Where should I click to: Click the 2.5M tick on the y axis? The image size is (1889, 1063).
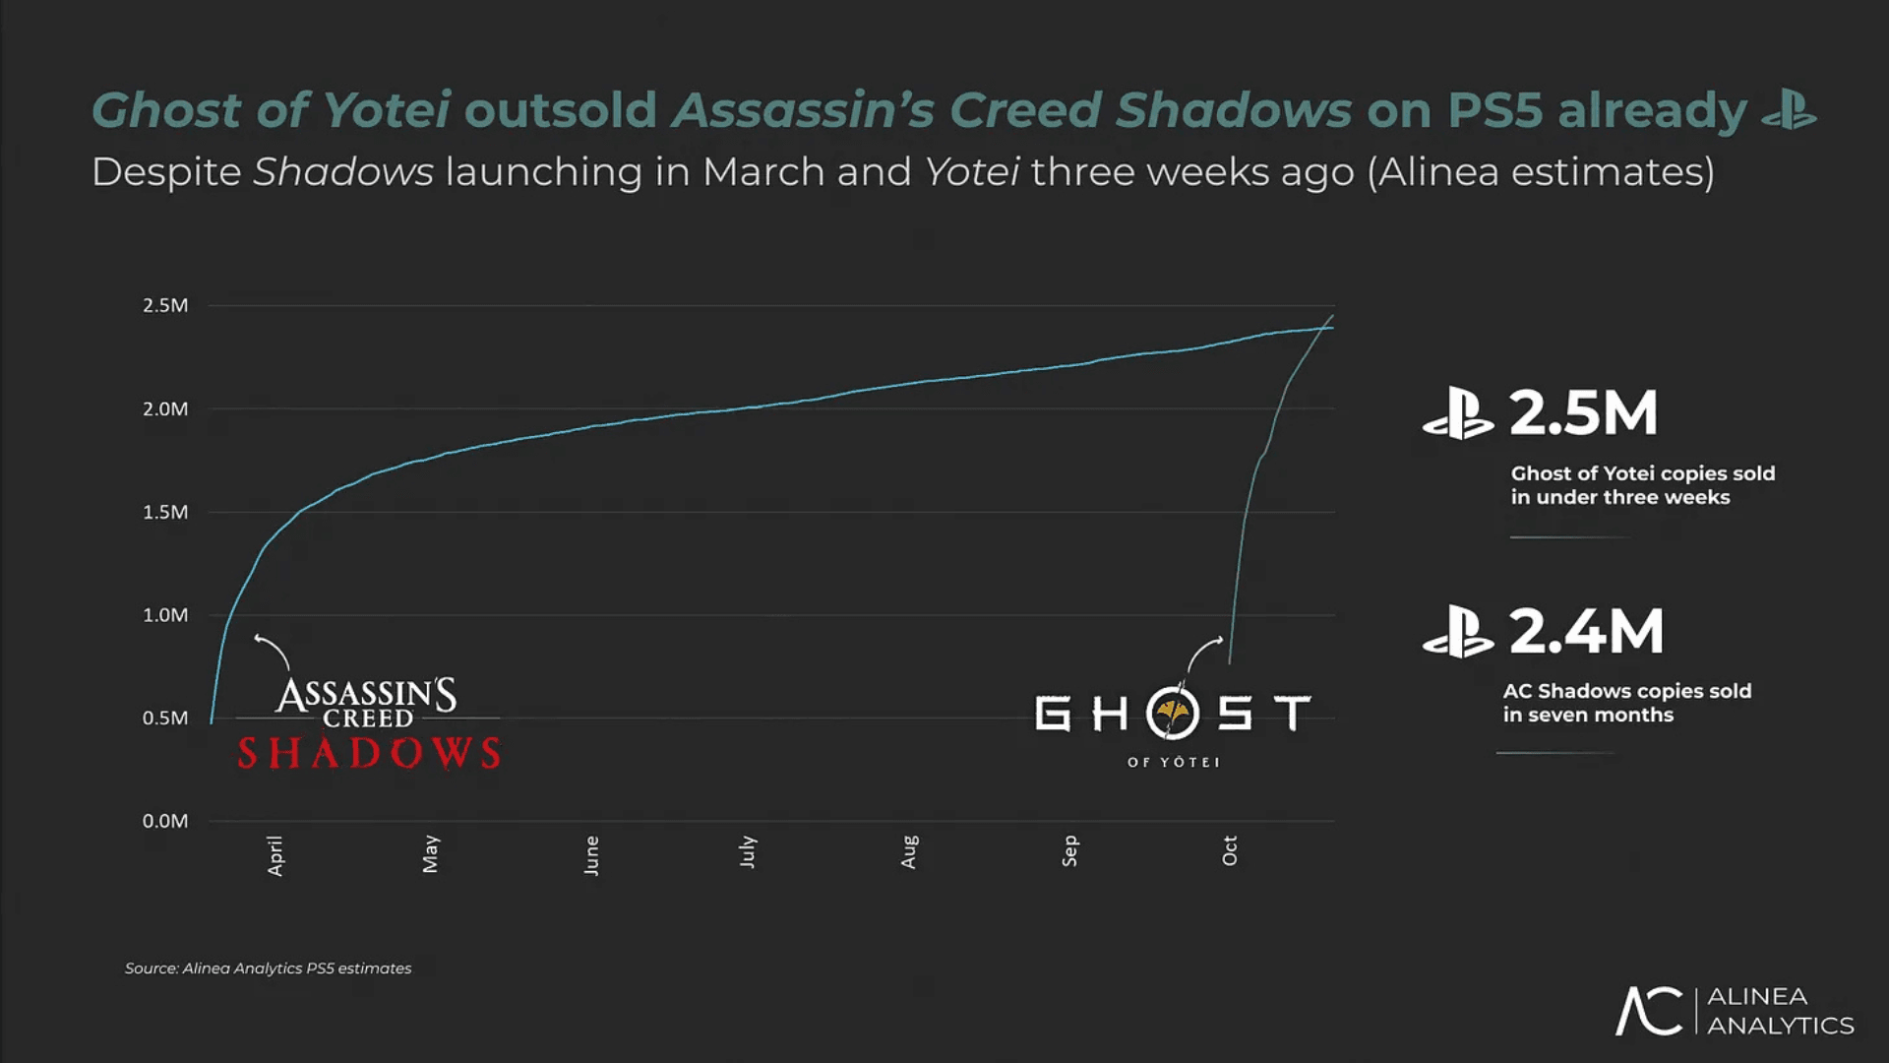[x=165, y=306]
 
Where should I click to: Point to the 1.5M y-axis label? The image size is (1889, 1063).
[x=165, y=513]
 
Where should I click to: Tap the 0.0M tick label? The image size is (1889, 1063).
[x=165, y=822]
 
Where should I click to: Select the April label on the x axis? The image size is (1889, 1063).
[x=275, y=855]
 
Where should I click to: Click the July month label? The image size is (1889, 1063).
[x=748, y=851]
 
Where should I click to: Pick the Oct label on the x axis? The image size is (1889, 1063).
[x=1230, y=851]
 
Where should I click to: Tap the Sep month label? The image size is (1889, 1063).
[x=1070, y=851]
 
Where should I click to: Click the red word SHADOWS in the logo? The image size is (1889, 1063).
[x=369, y=754]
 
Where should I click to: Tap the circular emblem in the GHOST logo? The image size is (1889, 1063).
[x=1173, y=713]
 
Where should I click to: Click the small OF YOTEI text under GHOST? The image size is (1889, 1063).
[x=1173, y=763]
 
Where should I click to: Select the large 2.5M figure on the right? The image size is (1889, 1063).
[x=1584, y=413]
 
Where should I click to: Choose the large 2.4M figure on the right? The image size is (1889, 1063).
[x=1586, y=632]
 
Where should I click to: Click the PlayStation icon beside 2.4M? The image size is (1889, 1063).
[x=1457, y=632]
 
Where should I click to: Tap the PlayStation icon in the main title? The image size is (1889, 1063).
[x=1789, y=110]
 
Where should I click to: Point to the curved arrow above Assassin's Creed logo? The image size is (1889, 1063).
[x=272, y=651]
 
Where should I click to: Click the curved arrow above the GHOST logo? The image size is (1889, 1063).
[x=1204, y=653]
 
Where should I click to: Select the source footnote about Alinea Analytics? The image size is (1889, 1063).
[x=268, y=969]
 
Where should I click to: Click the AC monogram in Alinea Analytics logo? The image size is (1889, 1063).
[x=1649, y=1011]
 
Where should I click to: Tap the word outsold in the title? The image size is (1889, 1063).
[x=561, y=110]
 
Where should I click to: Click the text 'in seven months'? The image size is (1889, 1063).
[x=1587, y=716]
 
